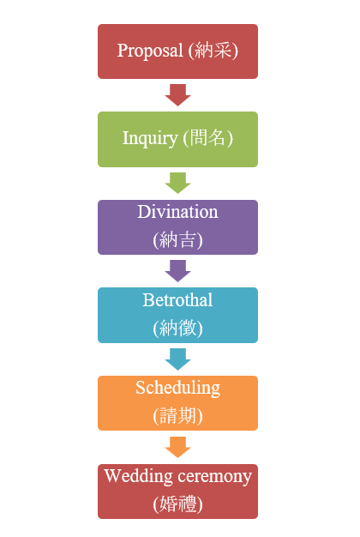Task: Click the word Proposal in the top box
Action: tap(150, 51)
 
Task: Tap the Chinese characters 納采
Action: tap(213, 51)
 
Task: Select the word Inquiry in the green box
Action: tap(150, 139)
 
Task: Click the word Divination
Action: tap(177, 212)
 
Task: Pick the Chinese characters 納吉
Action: tap(177, 239)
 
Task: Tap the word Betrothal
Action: tap(177, 300)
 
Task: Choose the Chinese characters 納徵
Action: tap(177, 328)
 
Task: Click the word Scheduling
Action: tap(177, 389)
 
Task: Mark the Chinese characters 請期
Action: tap(177, 416)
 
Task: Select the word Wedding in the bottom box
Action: tap(139, 477)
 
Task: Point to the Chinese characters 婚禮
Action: tap(177, 504)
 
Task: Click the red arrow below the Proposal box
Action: tap(177, 95)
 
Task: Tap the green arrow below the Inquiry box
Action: tap(177, 183)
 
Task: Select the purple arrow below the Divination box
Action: tap(177, 270)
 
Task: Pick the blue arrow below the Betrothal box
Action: tap(177, 359)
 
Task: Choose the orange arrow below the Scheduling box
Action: tap(177, 447)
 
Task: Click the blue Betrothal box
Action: tap(177, 315)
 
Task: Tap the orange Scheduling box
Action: tap(177, 403)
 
